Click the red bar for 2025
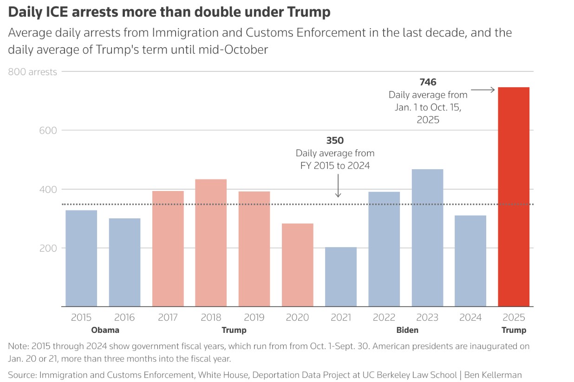point(514,197)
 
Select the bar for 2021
point(341,277)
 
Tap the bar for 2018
point(211,243)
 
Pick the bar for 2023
point(427,238)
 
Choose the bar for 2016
point(124,262)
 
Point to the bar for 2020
point(298,265)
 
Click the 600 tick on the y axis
point(47,131)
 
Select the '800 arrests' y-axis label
point(33,72)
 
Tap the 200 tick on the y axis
point(47,248)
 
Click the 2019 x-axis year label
point(254,318)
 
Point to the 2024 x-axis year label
point(470,318)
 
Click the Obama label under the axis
point(105,330)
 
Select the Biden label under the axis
point(407,330)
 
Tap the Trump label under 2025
point(514,330)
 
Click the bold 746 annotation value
point(428,82)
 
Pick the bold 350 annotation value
point(335,140)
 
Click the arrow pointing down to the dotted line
point(338,188)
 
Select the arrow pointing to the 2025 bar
point(483,90)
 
